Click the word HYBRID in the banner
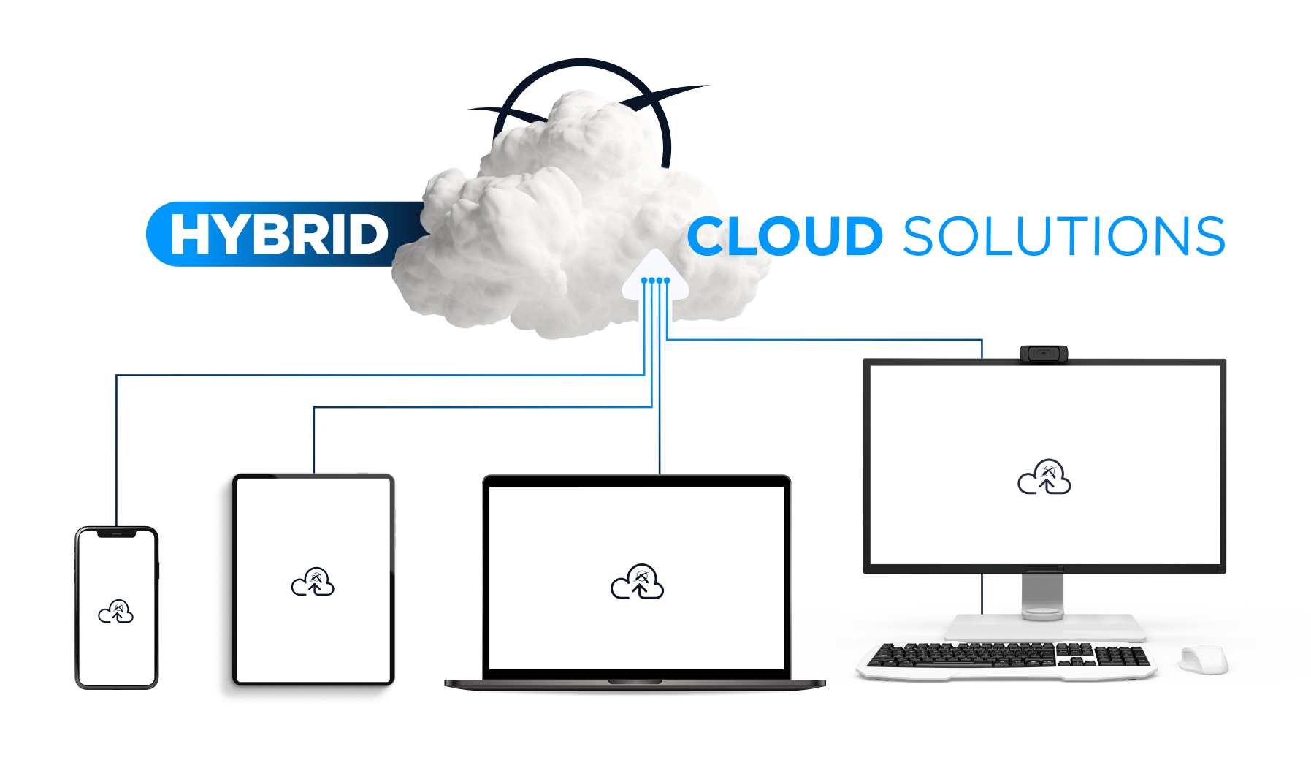coord(278,235)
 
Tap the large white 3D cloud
coord(555,219)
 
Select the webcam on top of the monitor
coord(1044,354)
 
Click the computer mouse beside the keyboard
coord(1204,660)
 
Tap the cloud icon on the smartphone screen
coord(116,612)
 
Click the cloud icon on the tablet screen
coord(313,582)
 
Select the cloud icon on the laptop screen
coord(637,582)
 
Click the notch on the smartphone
coord(117,534)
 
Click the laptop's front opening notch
coord(635,682)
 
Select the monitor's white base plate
coord(1044,628)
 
